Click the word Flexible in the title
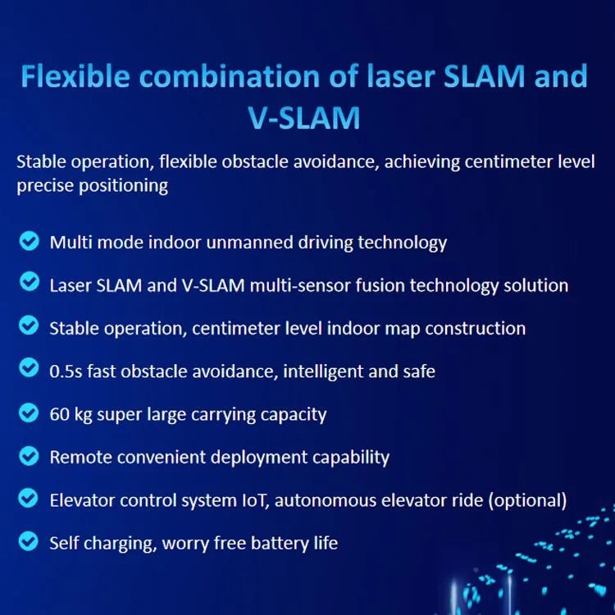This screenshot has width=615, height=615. click(x=75, y=75)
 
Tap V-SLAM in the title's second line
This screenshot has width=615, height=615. click(x=304, y=117)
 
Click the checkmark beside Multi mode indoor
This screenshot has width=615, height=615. click(x=29, y=240)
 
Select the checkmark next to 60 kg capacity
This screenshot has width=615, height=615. click(x=29, y=412)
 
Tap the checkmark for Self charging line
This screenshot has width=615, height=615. click(x=29, y=541)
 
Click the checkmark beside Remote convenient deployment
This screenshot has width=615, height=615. click(x=29, y=456)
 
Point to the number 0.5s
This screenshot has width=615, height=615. click(x=66, y=371)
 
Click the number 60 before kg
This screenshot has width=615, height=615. click(x=59, y=414)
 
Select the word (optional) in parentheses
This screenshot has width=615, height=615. click(x=527, y=501)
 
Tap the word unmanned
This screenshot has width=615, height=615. click(x=249, y=243)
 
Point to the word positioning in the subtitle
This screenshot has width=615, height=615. click(x=124, y=186)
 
